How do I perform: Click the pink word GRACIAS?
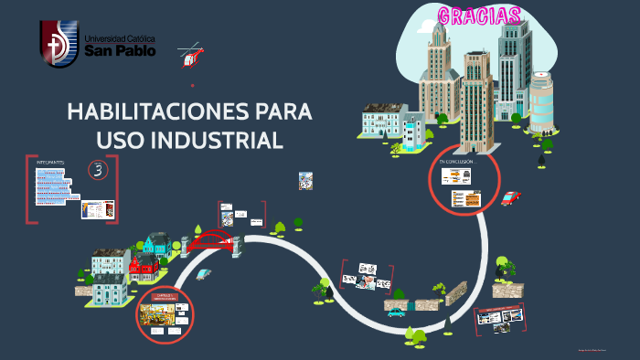479,16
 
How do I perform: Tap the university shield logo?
58,43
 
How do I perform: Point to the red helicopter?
191,57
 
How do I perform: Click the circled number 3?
98,169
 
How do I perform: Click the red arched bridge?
211,241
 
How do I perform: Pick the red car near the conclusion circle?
510,197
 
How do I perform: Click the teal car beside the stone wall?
396,312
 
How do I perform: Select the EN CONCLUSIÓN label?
457,161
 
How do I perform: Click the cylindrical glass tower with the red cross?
541,101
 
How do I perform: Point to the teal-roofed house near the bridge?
157,244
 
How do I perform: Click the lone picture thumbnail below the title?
305,181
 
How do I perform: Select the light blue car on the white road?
204,273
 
